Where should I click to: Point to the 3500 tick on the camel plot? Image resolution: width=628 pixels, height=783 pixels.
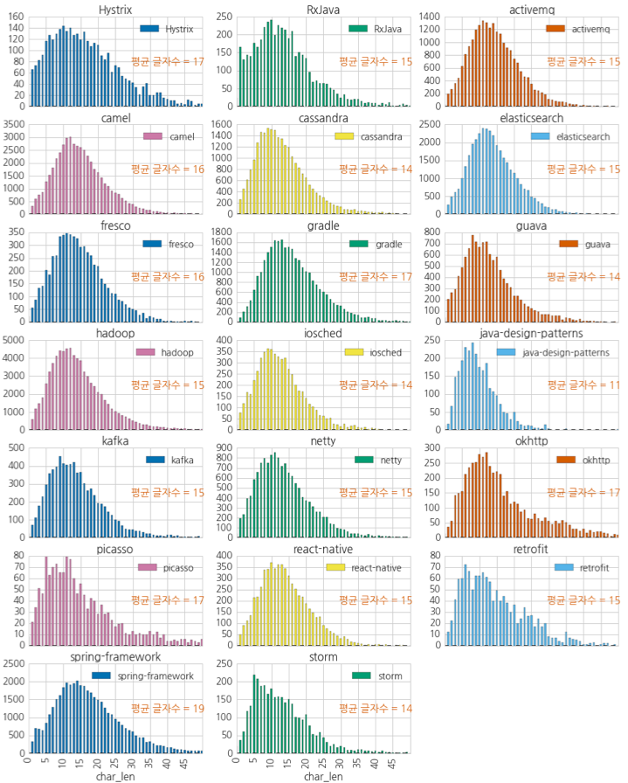pyautogui.click(x=13, y=124)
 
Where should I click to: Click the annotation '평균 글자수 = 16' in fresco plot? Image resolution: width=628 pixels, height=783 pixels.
pyautogui.click(x=167, y=276)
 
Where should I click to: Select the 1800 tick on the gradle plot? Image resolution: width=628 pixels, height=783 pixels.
pyautogui.click(x=221, y=232)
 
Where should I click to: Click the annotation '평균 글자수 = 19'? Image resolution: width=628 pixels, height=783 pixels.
pyautogui.click(x=167, y=708)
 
